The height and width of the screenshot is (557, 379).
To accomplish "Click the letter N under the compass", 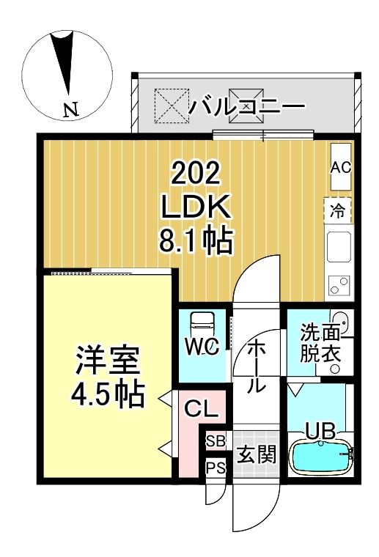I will coord(70,111).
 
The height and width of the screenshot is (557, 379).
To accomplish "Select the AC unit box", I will coord(341,167).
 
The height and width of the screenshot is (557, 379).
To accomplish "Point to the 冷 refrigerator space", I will coord(338,212).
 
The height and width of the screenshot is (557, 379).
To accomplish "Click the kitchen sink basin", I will coord(339,246).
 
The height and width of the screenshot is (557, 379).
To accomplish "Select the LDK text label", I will coord(196,207).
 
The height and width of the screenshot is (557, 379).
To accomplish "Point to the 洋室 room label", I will coord(107,361).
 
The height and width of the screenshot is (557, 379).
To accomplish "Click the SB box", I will coord(216,441).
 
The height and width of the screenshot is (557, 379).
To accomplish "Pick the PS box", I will coord(216,468).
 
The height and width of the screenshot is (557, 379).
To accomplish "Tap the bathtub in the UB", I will coord(321,457).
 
